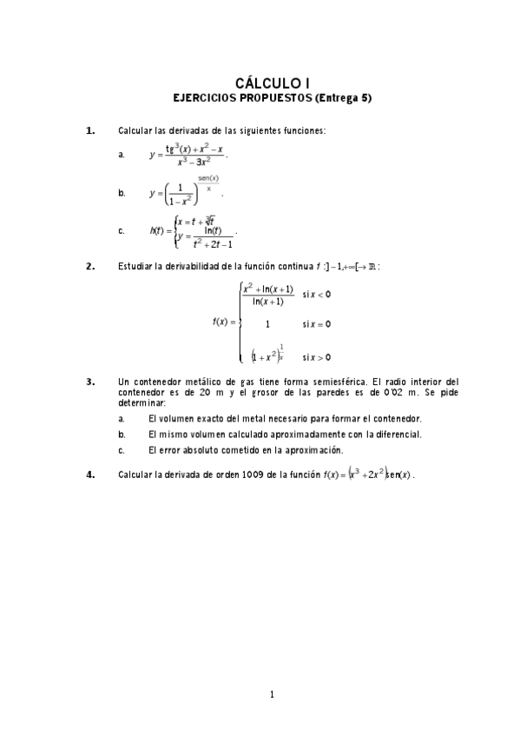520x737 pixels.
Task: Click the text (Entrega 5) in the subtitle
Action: click(x=343, y=97)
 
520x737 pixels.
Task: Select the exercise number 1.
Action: click(x=90, y=130)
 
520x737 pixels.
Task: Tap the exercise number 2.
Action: click(x=90, y=267)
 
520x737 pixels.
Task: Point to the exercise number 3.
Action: click(x=90, y=381)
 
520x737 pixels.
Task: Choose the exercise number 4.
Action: click(x=90, y=475)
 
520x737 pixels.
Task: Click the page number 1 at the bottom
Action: click(x=272, y=694)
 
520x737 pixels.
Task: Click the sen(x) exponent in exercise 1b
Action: click(x=207, y=178)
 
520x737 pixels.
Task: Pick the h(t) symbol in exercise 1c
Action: click(x=157, y=230)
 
